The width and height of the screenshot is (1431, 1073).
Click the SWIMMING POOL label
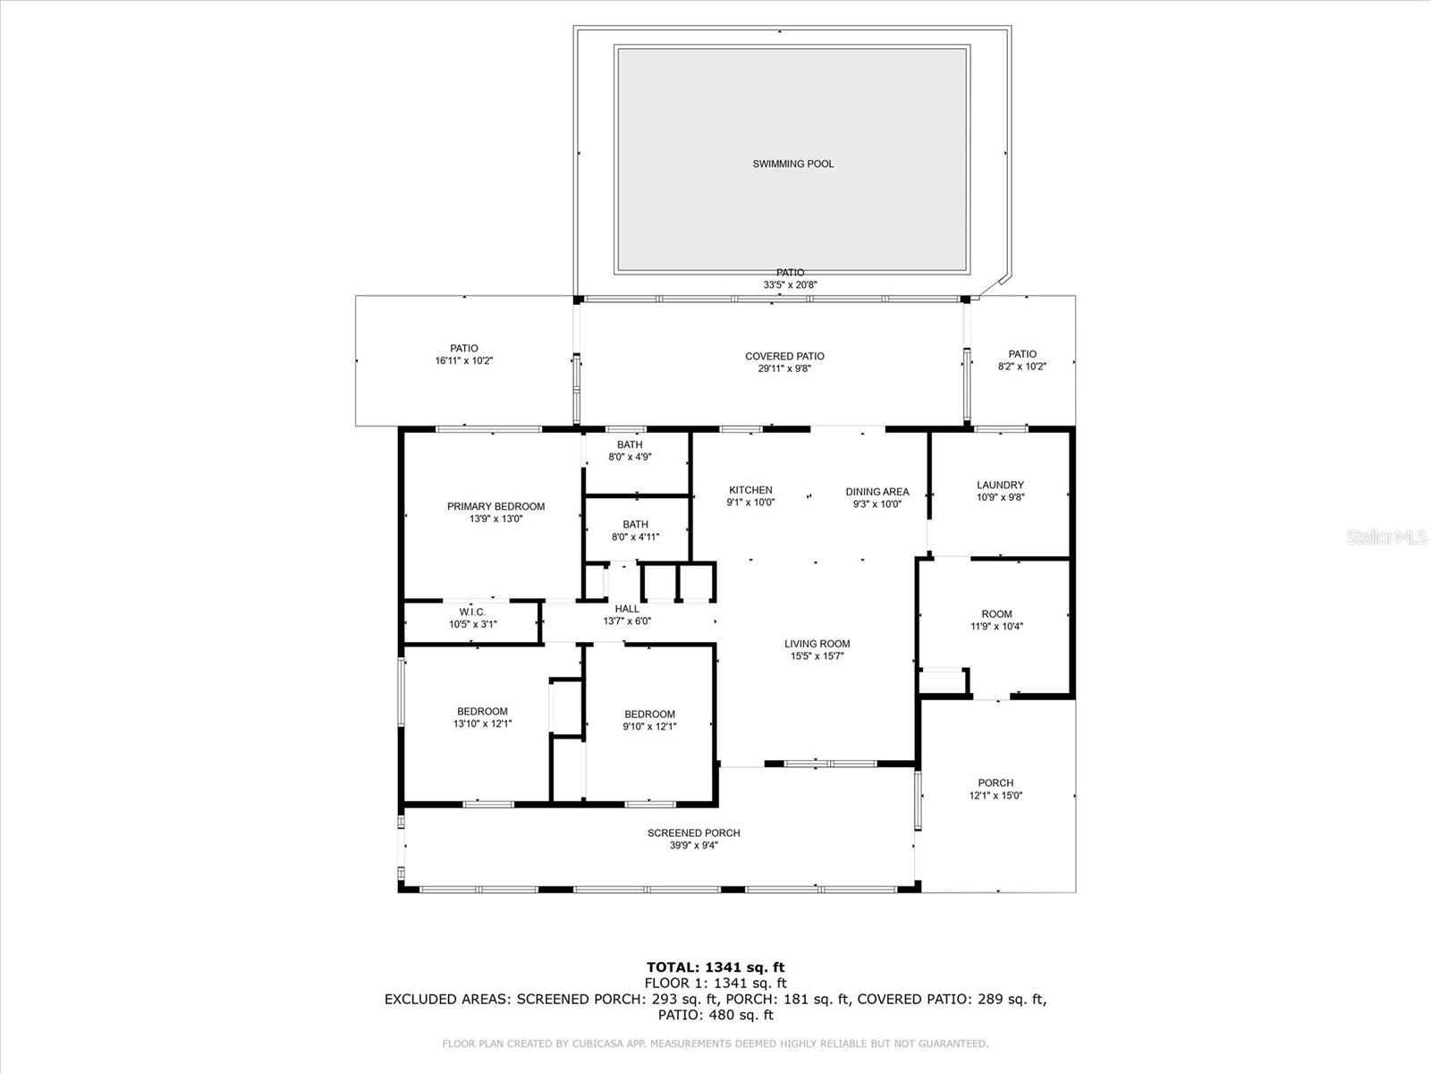coord(792,165)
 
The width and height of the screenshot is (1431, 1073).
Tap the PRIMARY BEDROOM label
coord(496,507)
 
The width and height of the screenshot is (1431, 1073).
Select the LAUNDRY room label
coord(1000,486)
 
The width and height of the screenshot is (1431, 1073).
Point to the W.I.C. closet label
coord(472,613)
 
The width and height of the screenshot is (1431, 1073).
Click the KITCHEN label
coord(750,491)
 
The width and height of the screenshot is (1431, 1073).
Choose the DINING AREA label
coord(876,492)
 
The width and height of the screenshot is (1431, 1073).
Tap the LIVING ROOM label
coord(817,645)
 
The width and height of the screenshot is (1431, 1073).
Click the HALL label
coord(627,609)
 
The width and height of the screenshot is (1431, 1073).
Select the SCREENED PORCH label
coord(694,833)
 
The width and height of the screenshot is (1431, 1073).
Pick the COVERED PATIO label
coord(784,357)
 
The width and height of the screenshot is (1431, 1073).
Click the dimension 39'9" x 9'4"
coord(694,846)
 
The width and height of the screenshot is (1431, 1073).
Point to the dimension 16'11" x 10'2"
coord(464,361)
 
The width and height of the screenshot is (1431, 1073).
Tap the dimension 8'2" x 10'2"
coord(1022,367)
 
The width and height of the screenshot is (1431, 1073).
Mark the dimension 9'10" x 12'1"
coord(649,726)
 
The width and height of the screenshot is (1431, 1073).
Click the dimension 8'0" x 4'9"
coord(630,457)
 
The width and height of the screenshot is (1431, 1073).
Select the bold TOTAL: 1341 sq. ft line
coord(715,967)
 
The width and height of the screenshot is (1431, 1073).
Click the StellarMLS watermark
coord(1386,536)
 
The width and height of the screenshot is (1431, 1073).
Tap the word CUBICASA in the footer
coord(597,1043)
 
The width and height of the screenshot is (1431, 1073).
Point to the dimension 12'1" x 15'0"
coord(995,796)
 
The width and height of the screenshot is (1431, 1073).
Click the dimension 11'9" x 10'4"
coord(997,627)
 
